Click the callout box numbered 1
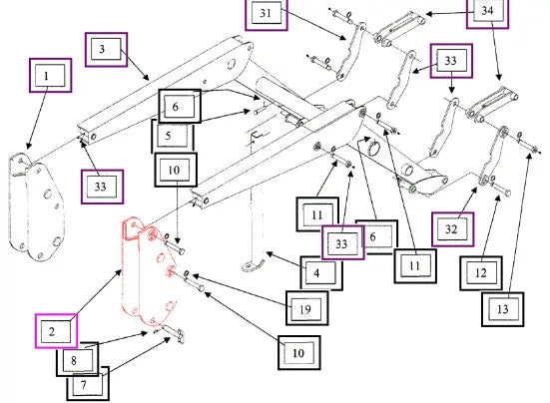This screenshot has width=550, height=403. pyautogui.click(x=51, y=76)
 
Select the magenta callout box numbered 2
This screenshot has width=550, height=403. pyautogui.click(x=56, y=331)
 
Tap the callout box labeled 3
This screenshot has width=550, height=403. pyautogui.click(x=106, y=50)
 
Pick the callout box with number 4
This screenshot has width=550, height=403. pyautogui.click(x=321, y=272)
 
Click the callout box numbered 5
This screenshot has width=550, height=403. pyautogui.click(x=173, y=136)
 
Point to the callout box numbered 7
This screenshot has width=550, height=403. pyautogui.click(x=88, y=384)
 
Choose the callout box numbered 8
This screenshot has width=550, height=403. pyautogui.click(x=78, y=359)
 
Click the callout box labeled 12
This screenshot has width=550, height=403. pyautogui.click(x=481, y=273)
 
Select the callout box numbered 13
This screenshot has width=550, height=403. pyautogui.click(x=503, y=309)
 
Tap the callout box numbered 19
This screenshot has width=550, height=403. pyautogui.click(x=306, y=308)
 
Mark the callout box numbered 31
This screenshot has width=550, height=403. pyautogui.click(x=267, y=14)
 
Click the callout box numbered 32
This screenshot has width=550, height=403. pyautogui.click(x=453, y=229)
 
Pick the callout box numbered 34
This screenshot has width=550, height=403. pyautogui.click(x=487, y=12)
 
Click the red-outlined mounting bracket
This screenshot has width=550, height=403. pyautogui.click(x=148, y=271)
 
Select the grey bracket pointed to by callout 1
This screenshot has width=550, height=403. pyautogui.click(x=36, y=207)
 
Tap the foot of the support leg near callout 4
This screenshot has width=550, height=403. pyautogui.click(x=252, y=265)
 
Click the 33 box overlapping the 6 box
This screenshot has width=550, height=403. pyautogui.click(x=343, y=242)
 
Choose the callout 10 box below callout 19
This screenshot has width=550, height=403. pyautogui.click(x=299, y=352)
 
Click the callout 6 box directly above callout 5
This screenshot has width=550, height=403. pyautogui.click(x=180, y=106)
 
